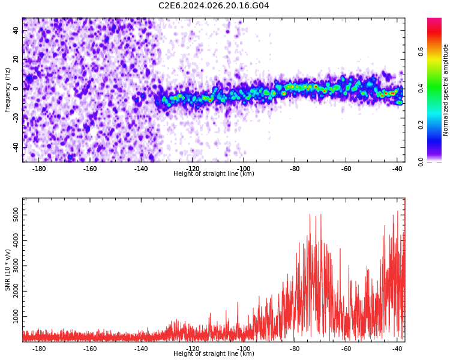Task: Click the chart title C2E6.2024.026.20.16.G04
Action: (214, 6)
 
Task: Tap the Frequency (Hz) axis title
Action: (8, 90)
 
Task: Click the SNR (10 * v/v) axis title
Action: (8, 270)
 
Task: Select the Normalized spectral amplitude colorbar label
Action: (446, 90)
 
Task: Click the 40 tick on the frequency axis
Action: (16, 30)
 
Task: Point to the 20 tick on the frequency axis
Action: (16, 59)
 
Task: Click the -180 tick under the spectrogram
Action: (39, 169)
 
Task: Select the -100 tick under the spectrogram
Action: (244, 169)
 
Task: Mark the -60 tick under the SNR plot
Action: (346, 349)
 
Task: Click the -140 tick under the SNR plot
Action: (141, 349)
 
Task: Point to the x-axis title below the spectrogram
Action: (214, 174)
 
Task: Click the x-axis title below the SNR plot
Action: (214, 354)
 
